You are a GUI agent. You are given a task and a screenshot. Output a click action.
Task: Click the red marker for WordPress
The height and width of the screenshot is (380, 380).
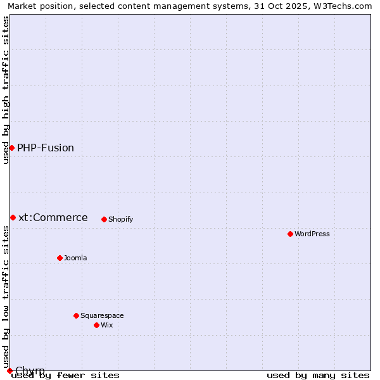[291, 234]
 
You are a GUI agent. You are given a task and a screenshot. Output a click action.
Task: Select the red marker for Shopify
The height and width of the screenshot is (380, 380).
[104, 219]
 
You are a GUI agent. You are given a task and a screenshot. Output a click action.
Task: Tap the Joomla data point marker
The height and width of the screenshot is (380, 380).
[60, 258]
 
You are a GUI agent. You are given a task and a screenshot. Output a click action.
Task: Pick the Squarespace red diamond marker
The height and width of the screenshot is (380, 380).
[77, 315]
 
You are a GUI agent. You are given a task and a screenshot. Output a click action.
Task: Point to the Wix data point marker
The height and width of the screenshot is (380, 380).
[97, 325]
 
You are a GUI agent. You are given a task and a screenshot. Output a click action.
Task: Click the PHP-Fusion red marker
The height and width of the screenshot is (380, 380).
[11, 148]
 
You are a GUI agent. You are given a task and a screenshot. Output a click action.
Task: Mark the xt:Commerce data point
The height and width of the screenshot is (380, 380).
[13, 217]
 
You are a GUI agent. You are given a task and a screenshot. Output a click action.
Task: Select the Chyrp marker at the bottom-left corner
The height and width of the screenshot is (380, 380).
[9, 370]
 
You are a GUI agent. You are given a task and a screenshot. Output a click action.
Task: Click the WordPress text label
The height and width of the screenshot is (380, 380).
[312, 234]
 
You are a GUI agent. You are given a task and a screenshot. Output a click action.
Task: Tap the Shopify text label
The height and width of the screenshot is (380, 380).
[121, 220]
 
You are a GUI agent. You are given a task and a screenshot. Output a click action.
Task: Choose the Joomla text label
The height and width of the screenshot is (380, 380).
[75, 258]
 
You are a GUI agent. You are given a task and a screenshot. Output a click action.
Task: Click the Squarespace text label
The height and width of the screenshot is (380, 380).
[102, 316]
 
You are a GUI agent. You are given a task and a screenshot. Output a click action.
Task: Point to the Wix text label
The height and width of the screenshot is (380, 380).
[107, 326]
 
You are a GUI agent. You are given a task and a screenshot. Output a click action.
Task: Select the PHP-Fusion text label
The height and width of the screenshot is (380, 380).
[46, 148]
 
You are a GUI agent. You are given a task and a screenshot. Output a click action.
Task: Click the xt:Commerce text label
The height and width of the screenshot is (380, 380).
[53, 218]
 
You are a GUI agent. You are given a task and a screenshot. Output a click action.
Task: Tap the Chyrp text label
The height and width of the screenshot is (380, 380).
[30, 370]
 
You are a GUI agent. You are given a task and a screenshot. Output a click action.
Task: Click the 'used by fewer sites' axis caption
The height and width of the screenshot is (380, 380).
[66, 376]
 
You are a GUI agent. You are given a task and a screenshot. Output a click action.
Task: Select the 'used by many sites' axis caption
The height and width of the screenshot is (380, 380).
[318, 376]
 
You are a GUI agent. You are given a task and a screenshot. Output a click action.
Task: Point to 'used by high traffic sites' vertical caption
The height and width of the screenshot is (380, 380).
[6, 90]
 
